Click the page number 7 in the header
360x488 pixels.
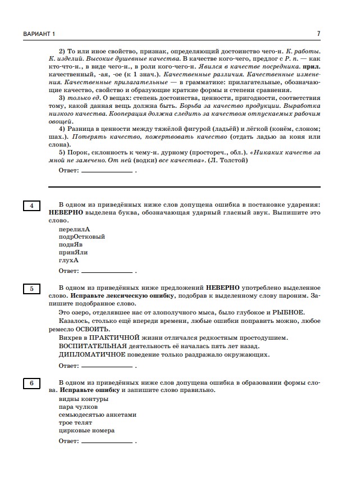(x=318, y=33)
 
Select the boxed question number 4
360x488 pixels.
(x=31, y=206)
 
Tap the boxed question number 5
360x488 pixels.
(x=31, y=289)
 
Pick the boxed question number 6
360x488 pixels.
(x=31, y=384)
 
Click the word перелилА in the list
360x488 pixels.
(x=74, y=229)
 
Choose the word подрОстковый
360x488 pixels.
(x=81, y=237)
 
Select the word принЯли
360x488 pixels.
(x=73, y=253)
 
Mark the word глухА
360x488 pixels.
(x=69, y=261)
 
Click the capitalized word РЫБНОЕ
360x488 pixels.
(x=289, y=313)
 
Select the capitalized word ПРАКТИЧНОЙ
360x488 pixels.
(x=114, y=338)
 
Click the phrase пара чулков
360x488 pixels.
(x=78, y=407)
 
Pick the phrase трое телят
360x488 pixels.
(x=75, y=423)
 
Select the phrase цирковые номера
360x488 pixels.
(x=86, y=431)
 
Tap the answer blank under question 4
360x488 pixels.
(x=107, y=273)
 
